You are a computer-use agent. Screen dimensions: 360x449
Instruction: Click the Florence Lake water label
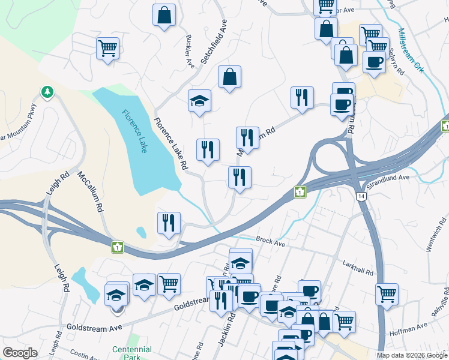pyautogui.click(x=135, y=131)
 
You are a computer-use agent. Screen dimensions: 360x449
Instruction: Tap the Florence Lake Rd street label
pyautogui.click(x=171, y=143)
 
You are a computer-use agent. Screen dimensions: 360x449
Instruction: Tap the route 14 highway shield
pyautogui.click(x=360, y=196)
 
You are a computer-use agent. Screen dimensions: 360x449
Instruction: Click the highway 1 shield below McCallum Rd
pyautogui.click(x=118, y=247)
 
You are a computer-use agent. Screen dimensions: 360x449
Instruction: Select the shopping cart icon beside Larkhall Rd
pyautogui.click(x=387, y=294)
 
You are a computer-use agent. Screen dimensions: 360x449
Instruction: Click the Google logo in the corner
pyautogui.click(x=20, y=353)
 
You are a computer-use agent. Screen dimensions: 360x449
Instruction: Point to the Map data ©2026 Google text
pyautogui.click(x=411, y=355)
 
